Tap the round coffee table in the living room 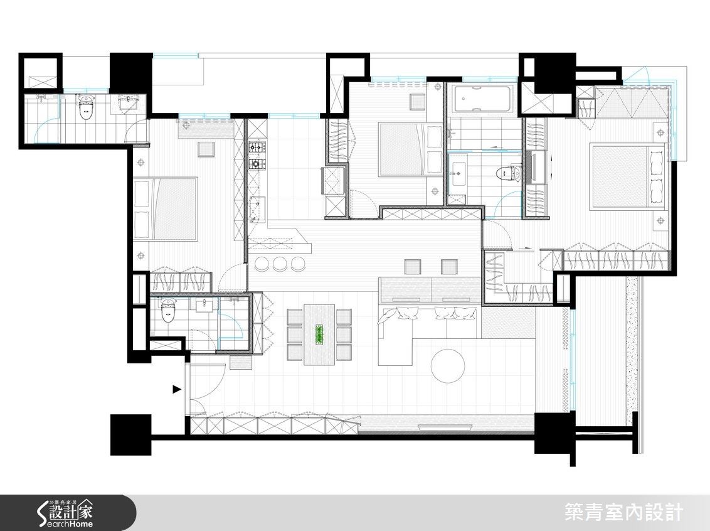(x=448, y=365)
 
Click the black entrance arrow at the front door (x=177, y=390)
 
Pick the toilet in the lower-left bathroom (x=167, y=311)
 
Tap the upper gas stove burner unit (x=256, y=149)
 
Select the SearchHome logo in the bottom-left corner (x=66, y=512)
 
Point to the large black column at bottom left (x=130, y=434)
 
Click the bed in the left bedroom (x=166, y=209)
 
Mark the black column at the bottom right (x=554, y=434)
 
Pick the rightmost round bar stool (x=299, y=264)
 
